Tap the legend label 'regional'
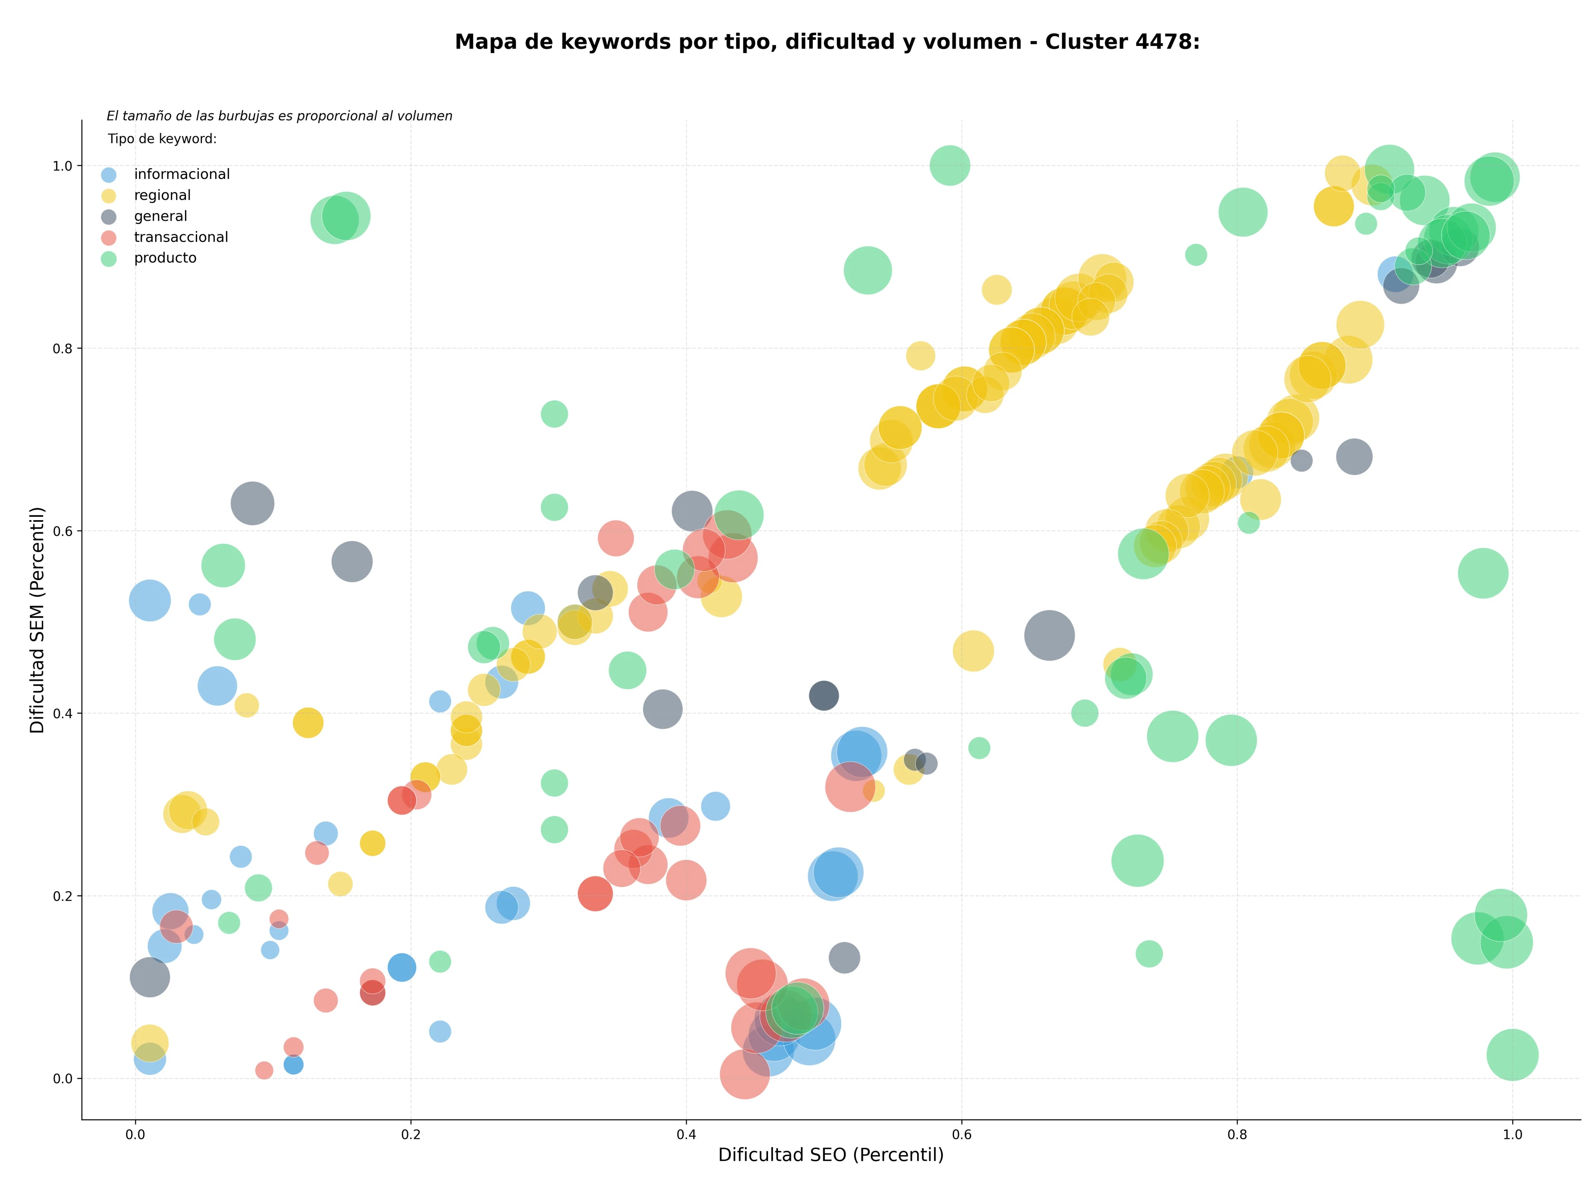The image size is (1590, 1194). coord(162,195)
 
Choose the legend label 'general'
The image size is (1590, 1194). coord(160,216)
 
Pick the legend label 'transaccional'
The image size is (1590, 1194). coord(181,237)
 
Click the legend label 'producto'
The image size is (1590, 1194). coord(165,258)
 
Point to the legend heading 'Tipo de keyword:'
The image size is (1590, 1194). coord(162,139)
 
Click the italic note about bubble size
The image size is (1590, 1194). coord(279,116)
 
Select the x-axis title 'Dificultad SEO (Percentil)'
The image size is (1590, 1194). coord(831,1155)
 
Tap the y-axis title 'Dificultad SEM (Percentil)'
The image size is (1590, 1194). coord(37,620)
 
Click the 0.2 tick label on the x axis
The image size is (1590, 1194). coord(410,1135)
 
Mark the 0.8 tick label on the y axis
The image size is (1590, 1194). coord(63,349)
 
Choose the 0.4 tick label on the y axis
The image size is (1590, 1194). coord(63,714)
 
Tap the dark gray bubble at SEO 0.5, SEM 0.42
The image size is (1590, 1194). coord(824,695)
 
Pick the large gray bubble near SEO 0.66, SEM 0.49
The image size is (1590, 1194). coord(1050,635)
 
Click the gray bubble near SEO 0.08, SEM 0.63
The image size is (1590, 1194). coord(252,503)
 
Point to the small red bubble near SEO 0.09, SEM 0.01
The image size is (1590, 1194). coord(265,1070)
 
